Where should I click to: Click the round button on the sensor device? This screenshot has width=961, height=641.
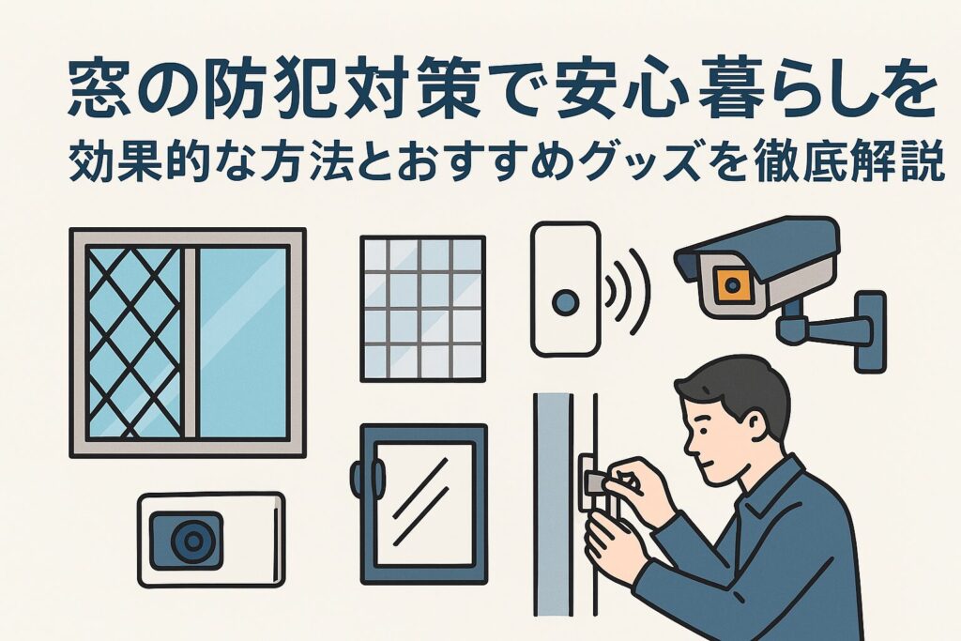564,302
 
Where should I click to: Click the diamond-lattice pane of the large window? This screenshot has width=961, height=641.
135,343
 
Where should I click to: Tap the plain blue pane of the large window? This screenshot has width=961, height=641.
243,343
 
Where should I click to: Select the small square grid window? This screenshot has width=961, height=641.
423,309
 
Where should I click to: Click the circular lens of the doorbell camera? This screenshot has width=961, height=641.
193,541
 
